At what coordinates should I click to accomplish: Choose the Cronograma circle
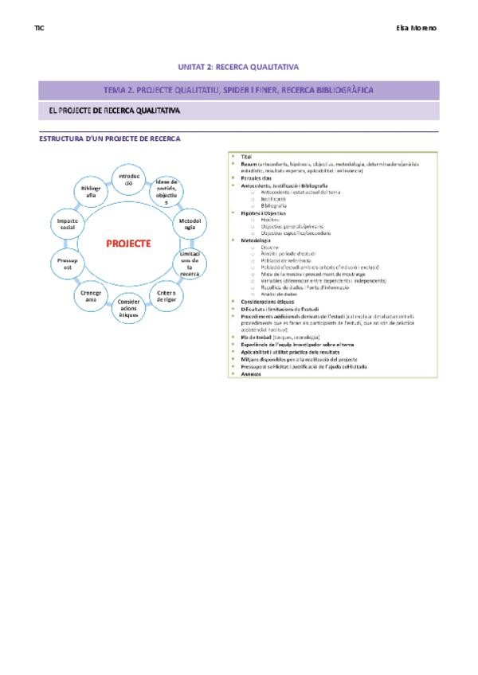(90, 296)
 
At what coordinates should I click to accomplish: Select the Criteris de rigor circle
(167, 296)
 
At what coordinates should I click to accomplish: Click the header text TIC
(40, 29)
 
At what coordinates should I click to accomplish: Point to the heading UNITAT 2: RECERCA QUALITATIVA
(239, 68)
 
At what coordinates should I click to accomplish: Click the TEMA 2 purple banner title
(239, 90)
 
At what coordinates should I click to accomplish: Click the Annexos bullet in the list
(252, 373)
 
